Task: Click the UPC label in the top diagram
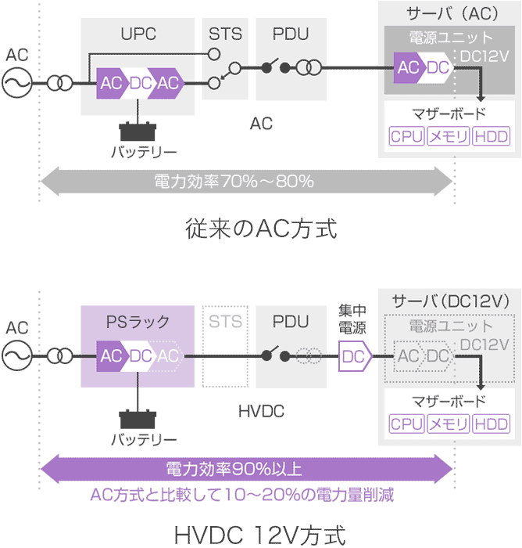click(x=138, y=35)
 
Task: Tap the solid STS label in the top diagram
click(x=225, y=35)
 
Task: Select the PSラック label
click(x=138, y=322)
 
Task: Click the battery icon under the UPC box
click(x=138, y=130)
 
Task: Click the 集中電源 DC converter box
click(x=353, y=357)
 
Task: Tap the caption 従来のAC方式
click(x=261, y=230)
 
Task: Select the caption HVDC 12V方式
click(x=261, y=536)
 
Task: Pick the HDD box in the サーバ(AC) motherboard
click(x=491, y=137)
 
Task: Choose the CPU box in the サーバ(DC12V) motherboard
click(x=406, y=424)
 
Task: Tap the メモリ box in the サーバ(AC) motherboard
click(x=449, y=137)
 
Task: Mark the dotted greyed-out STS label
click(x=225, y=322)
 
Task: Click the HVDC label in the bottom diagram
click(x=261, y=410)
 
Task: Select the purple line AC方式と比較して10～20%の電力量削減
click(x=242, y=495)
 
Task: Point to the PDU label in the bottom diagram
click(x=291, y=322)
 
